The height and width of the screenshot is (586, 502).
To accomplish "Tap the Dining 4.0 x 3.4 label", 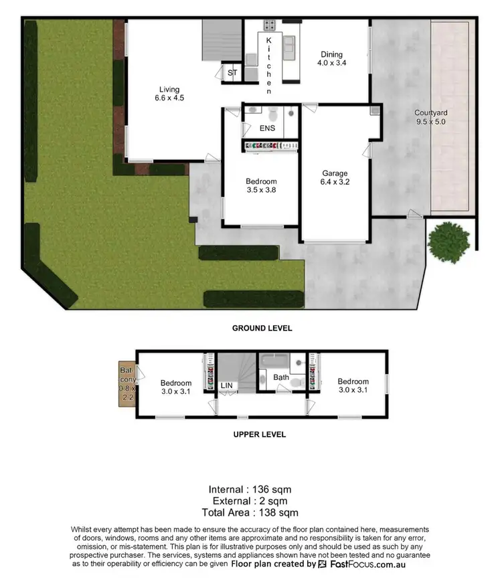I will pyautogui.click(x=331, y=59).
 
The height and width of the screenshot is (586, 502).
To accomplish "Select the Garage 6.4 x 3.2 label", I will pyautogui.click(x=335, y=178).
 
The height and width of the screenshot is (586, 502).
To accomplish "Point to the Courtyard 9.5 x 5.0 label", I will pyautogui.click(x=430, y=117).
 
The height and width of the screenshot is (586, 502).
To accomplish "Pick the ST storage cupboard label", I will pyautogui.click(x=232, y=72).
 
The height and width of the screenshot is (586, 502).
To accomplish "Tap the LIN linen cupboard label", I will pyautogui.click(x=228, y=386).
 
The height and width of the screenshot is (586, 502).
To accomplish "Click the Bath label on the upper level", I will pyautogui.click(x=281, y=378).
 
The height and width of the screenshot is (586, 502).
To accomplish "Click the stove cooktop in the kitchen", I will pyautogui.click(x=270, y=25).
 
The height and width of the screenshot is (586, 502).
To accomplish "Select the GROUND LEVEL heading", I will pyautogui.click(x=262, y=328).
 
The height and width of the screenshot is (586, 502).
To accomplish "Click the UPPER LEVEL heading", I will pyautogui.click(x=259, y=434).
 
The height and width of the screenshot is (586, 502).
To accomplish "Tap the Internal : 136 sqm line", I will pyautogui.click(x=250, y=489).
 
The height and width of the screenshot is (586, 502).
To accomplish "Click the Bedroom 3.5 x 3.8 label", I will pyautogui.click(x=260, y=185).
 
